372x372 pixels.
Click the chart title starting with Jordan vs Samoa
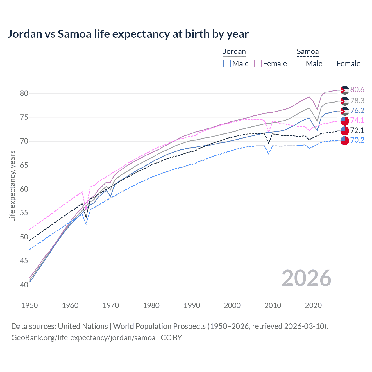pyautogui.click(x=128, y=34)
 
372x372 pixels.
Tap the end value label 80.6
pyautogui.click(x=357, y=90)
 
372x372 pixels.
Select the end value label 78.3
pyautogui.click(x=357, y=101)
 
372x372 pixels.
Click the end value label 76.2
pyautogui.click(x=357, y=110)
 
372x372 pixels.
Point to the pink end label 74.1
pyautogui.click(x=357, y=120)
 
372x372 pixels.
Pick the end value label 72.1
pyautogui.click(x=357, y=130)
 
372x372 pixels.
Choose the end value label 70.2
pyautogui.click(x=357, y=140)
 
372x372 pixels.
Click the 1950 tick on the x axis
pyautogui.click(x=30, y=305)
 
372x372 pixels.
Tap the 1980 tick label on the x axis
pyautogui.click(x=151, y=305)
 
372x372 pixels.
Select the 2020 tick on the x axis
pyautogui.click(x=313, y=305)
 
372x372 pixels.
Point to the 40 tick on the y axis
pyautogui.click(x=24, y=285)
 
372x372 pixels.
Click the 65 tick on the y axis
pyautogui.click(x=24, y=165)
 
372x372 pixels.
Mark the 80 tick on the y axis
pyautogui.click(x=24, y=94)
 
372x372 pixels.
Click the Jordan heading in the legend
pyautogui.click(x=235, y=51)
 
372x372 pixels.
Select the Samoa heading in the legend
pyautogui.click(x=307, y=52)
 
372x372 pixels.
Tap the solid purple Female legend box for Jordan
pyautogui.click(x=258, y=64)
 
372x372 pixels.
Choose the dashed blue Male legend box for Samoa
pyautogui.click(x=301, y=64)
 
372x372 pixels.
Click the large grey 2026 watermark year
pyautogui.click(x=306, y=278)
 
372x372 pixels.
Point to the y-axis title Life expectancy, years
pyautogui.click(x=12, y=186)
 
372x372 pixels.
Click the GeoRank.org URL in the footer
pyautogui.click(x=83, y=338)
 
